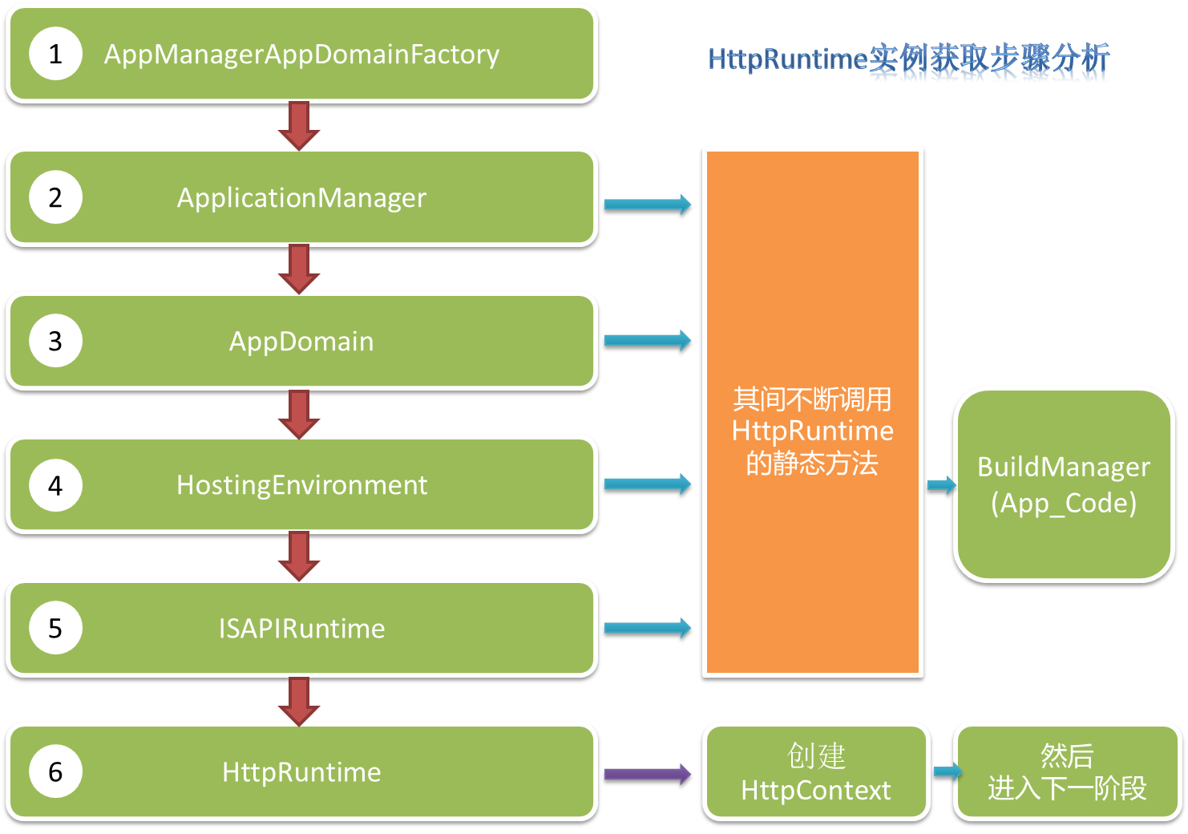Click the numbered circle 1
[55, 54]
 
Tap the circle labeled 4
[55, 485]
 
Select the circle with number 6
[55, 771]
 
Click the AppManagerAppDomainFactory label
[301, 54]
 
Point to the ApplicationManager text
[301, 197]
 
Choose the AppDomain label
[301, 341]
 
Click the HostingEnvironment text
[301, 484]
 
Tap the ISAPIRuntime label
[301, 628]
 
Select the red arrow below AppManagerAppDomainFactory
[299, 125]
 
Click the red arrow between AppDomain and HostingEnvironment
[299, 414]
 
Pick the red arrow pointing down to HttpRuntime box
[299, 701]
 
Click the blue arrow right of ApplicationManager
[647, 204]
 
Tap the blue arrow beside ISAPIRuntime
[647, 627]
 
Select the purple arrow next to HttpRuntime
[647, 774]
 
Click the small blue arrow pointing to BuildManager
[941, 485]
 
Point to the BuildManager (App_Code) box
[1064, 484]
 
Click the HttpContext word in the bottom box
[815, 791]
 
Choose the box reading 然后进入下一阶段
[1066, 771]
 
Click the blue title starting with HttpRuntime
[908, 62]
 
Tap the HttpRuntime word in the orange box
[812, 431]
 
